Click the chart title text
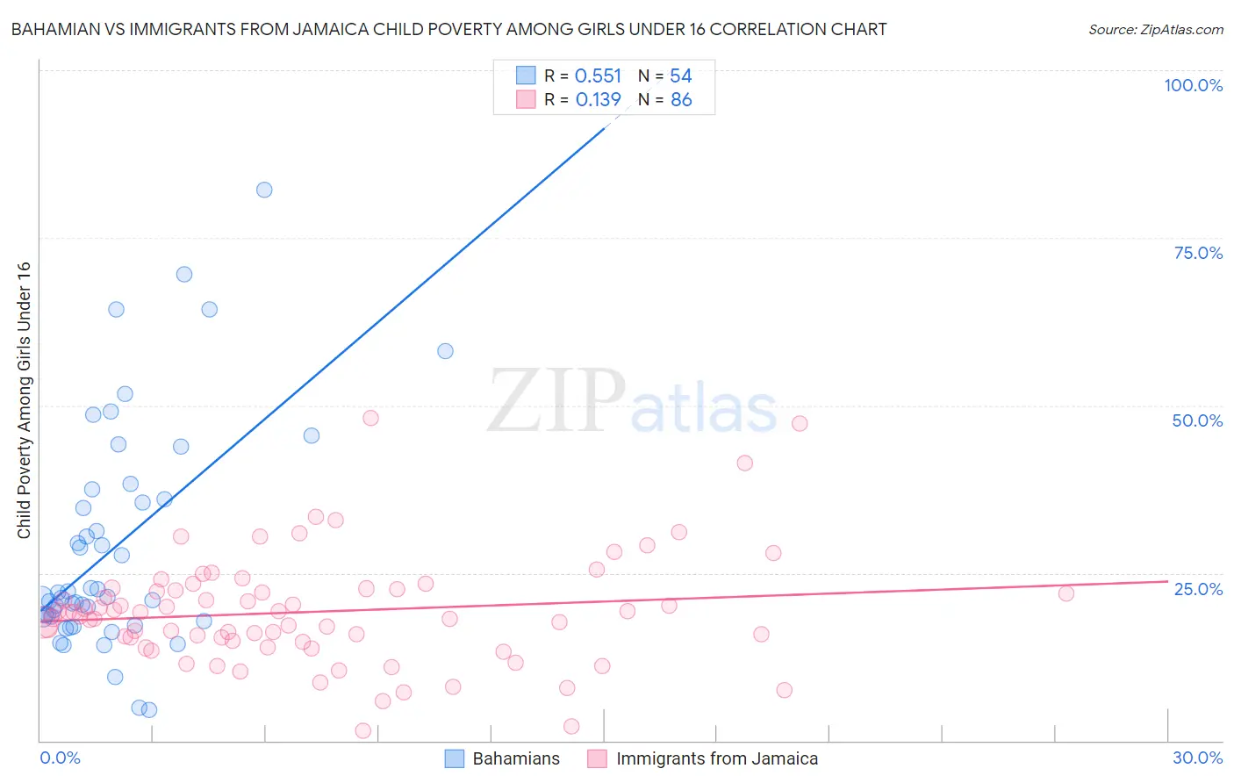[x=448, y=29]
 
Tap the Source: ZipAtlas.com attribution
[x=1155, y=29]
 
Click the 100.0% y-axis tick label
[x=1193, y=85]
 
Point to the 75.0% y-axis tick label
[x=1198, y=253]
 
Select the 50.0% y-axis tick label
[x=1197, y=420]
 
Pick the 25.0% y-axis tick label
[x=1198, y=588]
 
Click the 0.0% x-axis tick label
[x=60, y=758]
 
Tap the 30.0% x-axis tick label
[x=1197, y=758]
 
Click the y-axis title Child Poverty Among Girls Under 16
[x=24, y=400]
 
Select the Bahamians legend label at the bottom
[x=516, y=758]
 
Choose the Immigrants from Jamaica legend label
[x=717, y=758]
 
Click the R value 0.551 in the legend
[x=598, y=76]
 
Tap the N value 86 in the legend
[x=681, y=100]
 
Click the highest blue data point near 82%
[x=264, y=190]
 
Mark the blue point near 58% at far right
[x=445, y=351]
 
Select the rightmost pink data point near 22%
[x=1065, y=593]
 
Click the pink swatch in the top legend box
[x=526, y=99]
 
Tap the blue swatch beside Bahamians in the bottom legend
[x=455, y=758]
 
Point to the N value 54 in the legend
[x=681, y=76]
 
